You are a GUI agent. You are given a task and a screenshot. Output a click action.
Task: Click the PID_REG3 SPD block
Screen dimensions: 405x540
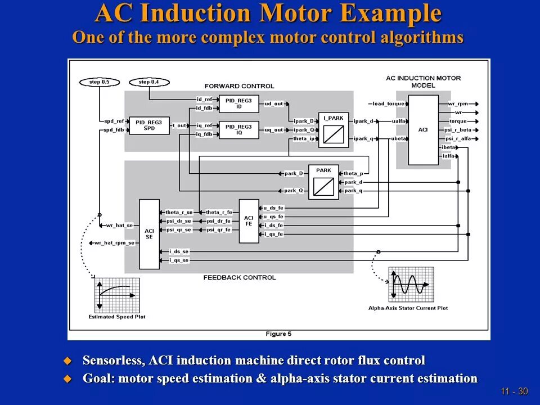pos(149,125)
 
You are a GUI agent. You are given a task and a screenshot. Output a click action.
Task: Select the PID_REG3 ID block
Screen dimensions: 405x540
pos(238,103)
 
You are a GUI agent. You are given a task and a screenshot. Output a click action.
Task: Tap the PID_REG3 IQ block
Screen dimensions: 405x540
pos(238,129)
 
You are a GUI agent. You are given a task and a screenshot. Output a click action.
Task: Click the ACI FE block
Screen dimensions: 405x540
pos(249,220)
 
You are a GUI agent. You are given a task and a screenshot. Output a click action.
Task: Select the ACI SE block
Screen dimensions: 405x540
pos(149,234)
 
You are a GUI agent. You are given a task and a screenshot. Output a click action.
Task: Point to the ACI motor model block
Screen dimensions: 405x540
pos(423,130)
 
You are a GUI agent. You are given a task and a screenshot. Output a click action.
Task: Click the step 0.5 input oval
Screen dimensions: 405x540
pos(100,82)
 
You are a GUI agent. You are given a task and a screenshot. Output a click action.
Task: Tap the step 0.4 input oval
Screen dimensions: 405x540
pos(149,82)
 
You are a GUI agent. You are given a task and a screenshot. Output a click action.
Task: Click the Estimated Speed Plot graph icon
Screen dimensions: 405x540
pos(116,295)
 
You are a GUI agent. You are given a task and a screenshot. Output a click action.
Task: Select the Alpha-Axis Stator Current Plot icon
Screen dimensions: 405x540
pos(411,285)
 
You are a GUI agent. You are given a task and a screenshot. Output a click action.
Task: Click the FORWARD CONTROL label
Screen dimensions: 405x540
pos(240,86)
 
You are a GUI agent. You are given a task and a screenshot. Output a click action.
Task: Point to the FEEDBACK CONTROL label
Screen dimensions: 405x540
pos(240,277)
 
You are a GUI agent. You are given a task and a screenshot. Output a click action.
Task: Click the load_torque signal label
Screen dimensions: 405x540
pos(388,104)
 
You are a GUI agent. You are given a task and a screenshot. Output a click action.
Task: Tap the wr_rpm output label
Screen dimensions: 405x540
pos(458,104)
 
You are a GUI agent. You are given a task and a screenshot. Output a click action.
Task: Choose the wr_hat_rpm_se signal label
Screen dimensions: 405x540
pos(115,243)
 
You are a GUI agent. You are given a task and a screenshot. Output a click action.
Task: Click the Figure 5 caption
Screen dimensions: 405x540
pos(278,334)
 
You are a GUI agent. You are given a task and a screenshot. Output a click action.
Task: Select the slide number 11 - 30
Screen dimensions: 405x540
pos(515,391)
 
